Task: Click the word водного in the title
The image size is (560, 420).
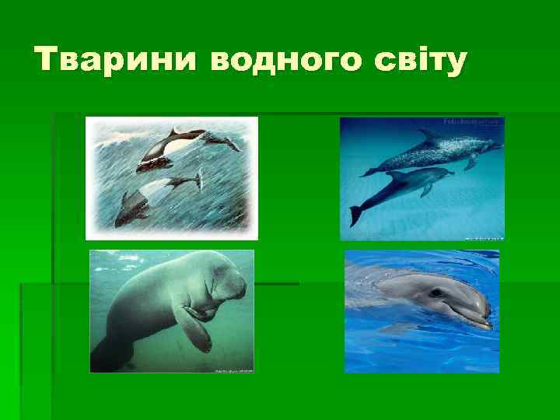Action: pyautogui.click(x=268, y=60)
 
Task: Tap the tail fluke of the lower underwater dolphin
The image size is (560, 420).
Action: pyautogui.click(x=355, y=214)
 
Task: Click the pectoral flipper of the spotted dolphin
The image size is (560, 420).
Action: pyautogui.click(x=470, y=162)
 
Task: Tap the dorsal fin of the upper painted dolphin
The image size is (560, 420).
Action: pyautogui.click(x=177, y=130)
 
